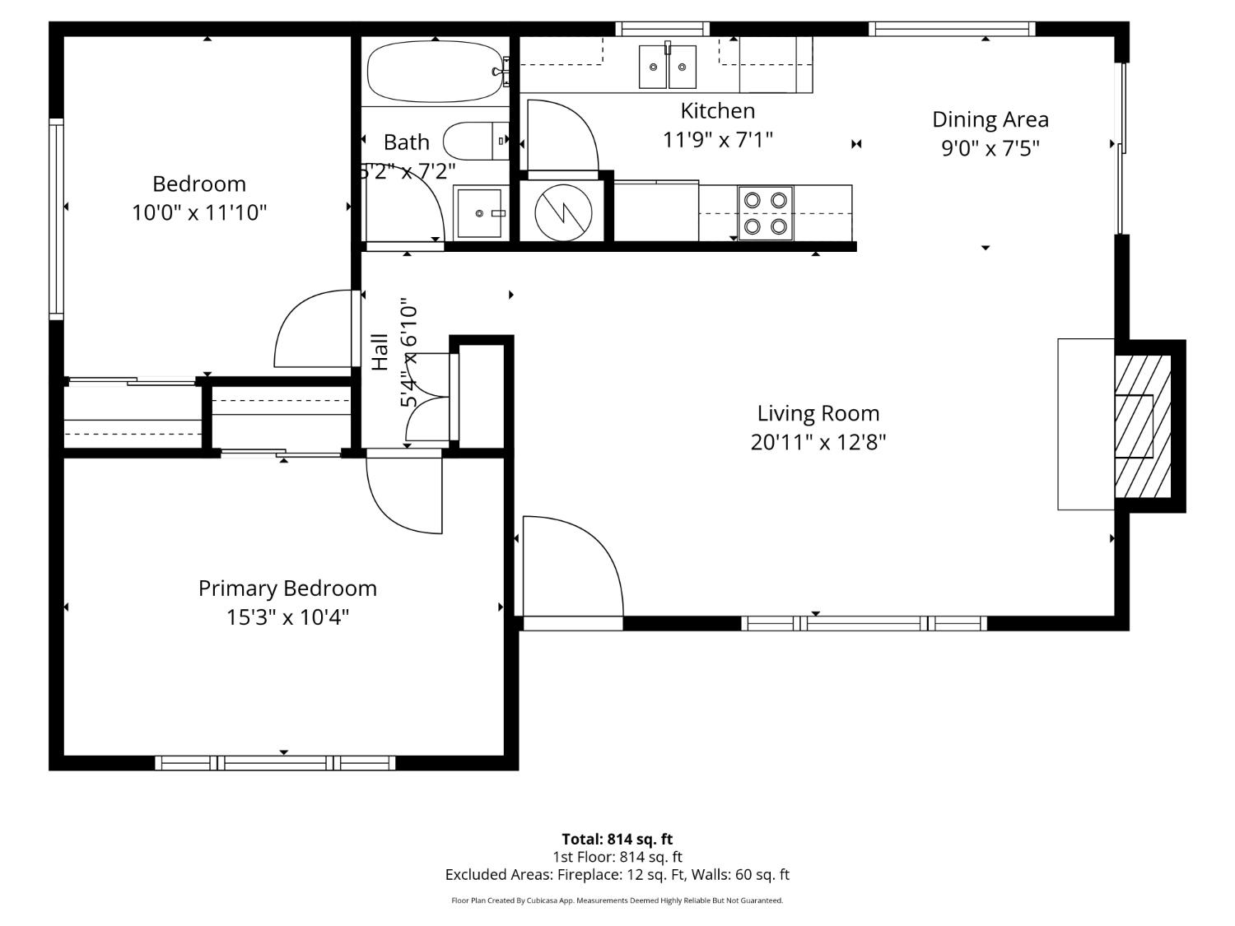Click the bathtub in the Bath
[432, 72]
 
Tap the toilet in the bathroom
[476, 142]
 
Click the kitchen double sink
[668, 67]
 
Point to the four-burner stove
[765, 213]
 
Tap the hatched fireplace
[1143, 426]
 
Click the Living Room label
[818, 413]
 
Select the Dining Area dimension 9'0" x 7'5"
[990, 148]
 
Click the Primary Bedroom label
[287, 589]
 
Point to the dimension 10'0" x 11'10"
[199, 213]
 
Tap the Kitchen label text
[717, 110]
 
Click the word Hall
[380, 351]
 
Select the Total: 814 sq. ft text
[617, 839]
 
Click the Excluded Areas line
[617, 875]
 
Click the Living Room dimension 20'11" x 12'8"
[818, 443]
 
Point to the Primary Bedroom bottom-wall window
[275, 763]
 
